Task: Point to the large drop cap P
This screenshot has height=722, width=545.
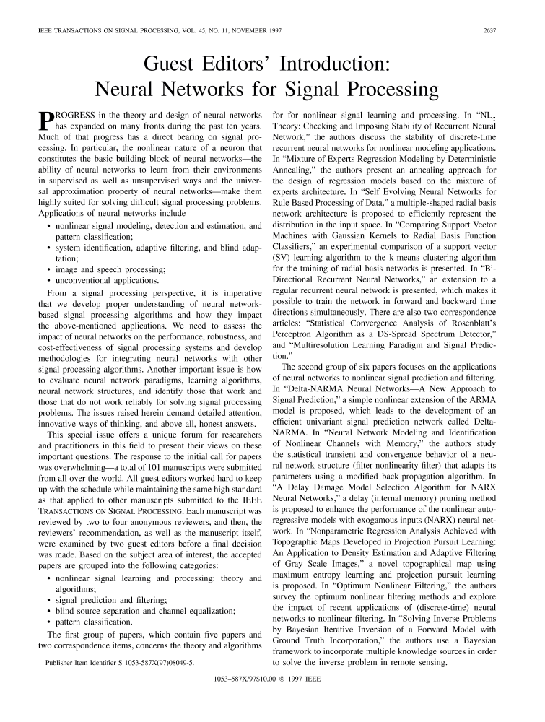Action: coord(45,121)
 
